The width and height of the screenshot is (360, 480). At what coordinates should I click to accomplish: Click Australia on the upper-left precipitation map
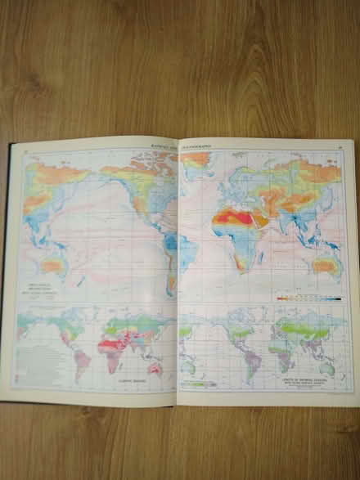54,264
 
